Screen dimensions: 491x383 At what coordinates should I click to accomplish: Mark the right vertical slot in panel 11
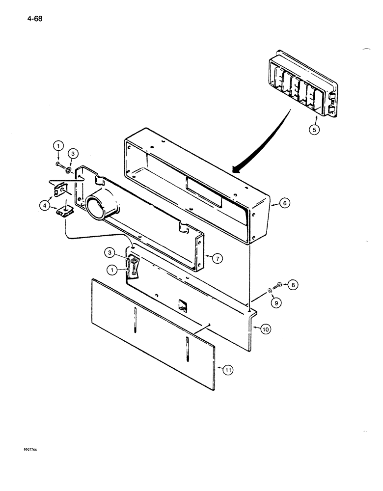[188, 350]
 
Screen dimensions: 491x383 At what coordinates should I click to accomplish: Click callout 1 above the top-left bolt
[58, 146]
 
